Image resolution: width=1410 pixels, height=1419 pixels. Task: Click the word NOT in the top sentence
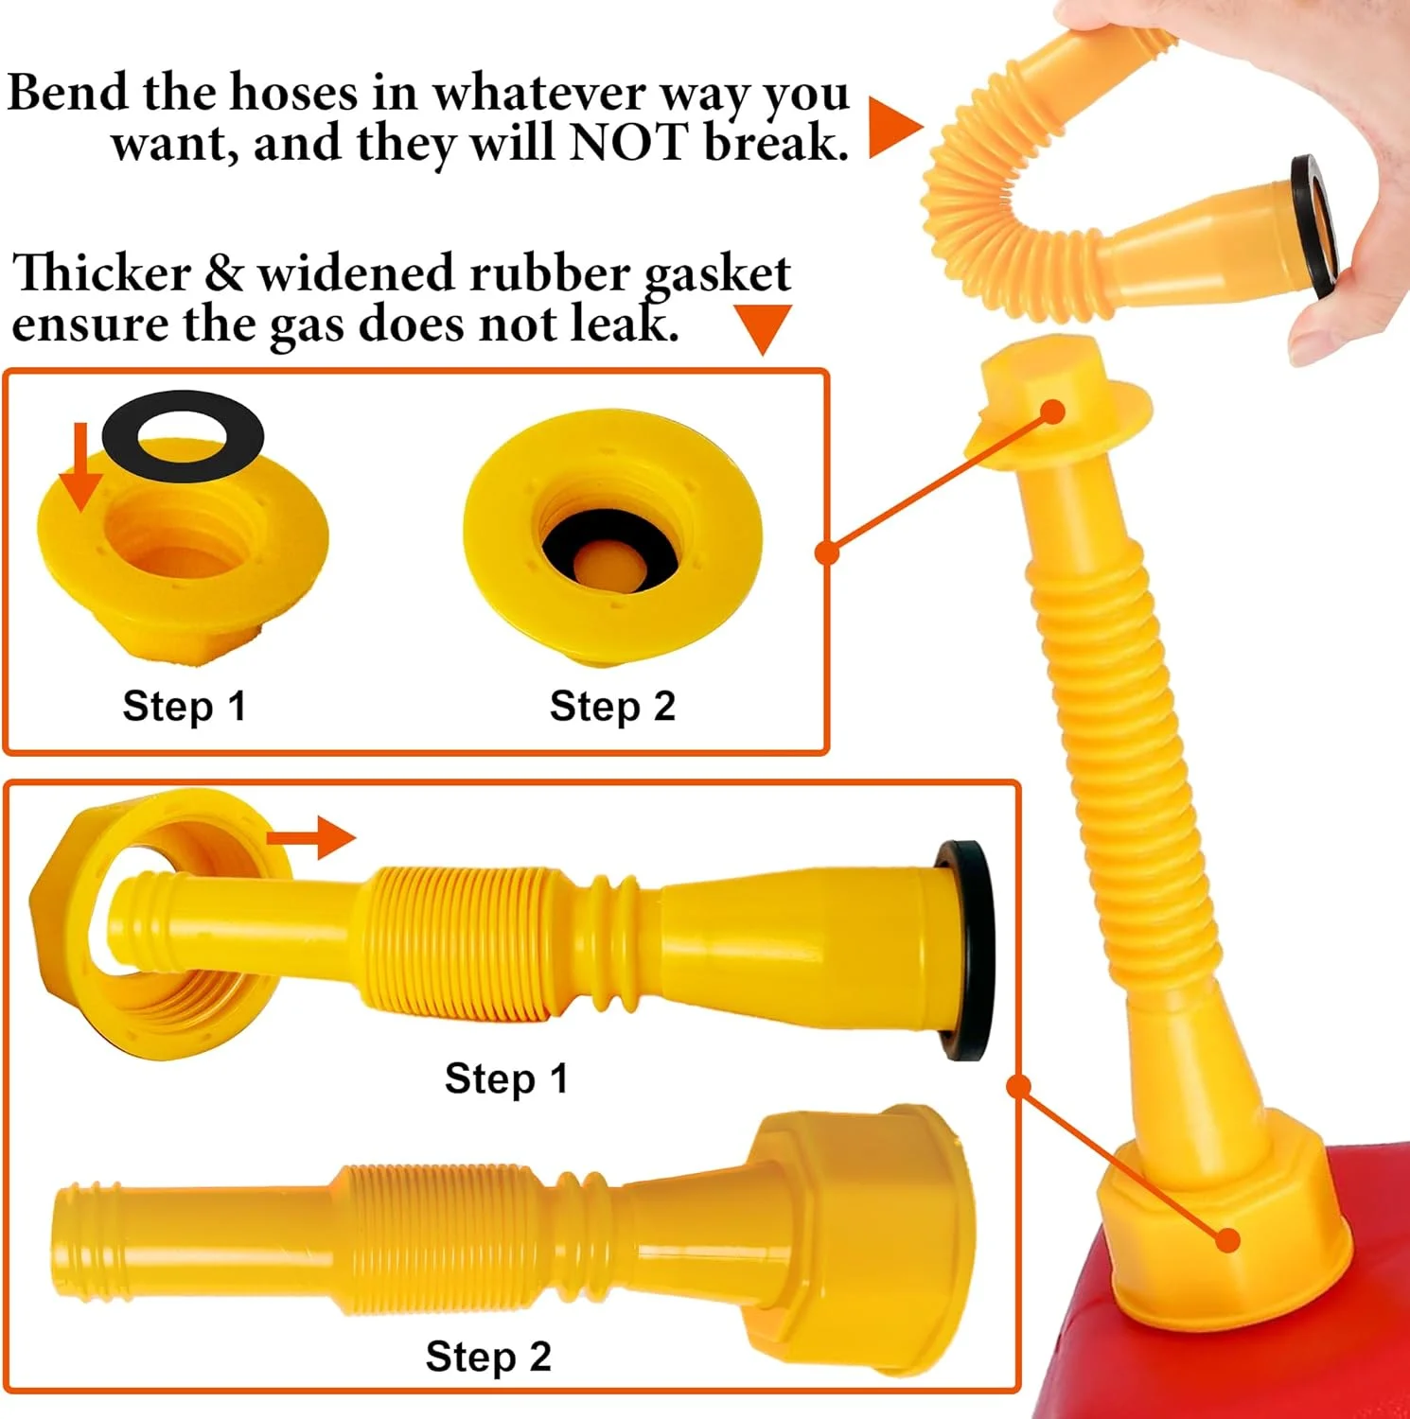pyautogui.click(x=628, y=143)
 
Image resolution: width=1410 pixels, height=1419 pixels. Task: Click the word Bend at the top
pyautogui.click(x=68, y=93)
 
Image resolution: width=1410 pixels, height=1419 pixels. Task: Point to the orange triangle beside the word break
pyautogui.click(x=894, y=127)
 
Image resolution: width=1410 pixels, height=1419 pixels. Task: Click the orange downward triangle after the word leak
pyautogui.click(x=762, y=328)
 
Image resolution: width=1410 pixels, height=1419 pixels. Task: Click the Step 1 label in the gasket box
pyautogui.click(x=185, y=707)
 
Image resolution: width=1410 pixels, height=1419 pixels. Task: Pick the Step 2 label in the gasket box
pyautogui.click(x=612, y=707)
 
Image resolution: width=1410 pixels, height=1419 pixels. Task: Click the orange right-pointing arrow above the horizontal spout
pyautogui.click(x=310, y=837)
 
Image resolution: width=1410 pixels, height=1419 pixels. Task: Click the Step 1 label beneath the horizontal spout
pyautogui.click(x=506, y=1078)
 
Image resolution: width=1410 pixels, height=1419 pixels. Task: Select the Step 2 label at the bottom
pyautogui.click(x=488, y=1356)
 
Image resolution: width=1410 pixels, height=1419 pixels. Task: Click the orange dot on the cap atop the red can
pyautogui.click(x=1227, y=1240)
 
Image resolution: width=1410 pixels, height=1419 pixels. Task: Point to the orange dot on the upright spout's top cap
pyautogui.click(x=1052, y=412)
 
